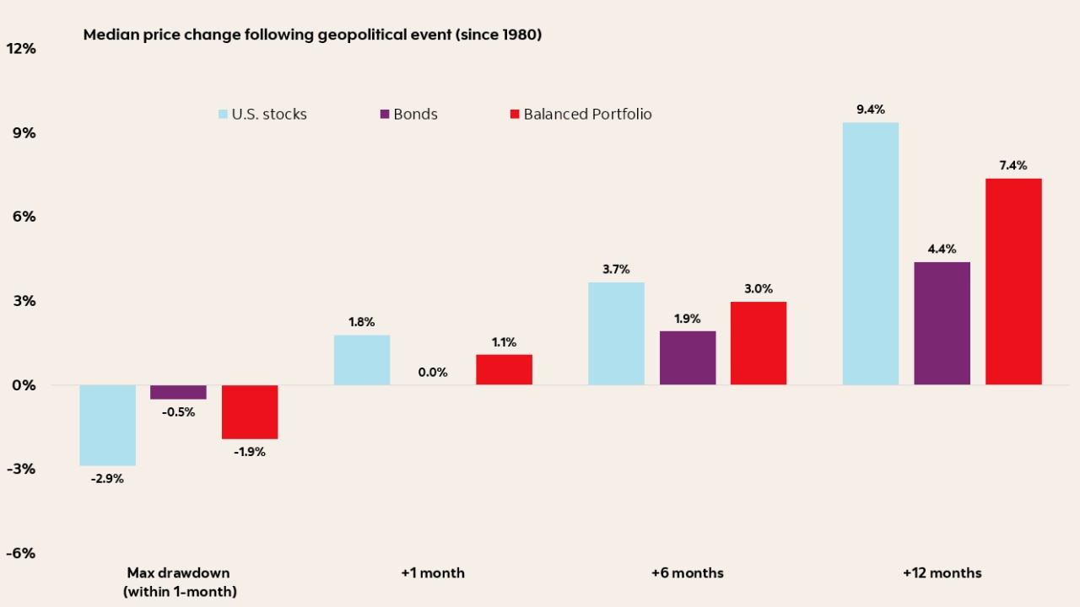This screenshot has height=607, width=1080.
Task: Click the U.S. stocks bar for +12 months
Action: click(x=871, y=254)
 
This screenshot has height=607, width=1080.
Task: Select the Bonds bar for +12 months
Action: click(x=942, y=324)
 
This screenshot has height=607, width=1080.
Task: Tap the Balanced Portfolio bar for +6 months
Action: click(x=759, y=343)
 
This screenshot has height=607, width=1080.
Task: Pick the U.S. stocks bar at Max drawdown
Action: click(x=107, y=425)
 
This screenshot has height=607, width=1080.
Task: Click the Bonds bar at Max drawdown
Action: click(x=178, y=392)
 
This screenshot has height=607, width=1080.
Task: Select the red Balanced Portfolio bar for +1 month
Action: click(x=504, y=369)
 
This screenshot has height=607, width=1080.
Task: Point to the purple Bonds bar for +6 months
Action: click(x=688, y=357)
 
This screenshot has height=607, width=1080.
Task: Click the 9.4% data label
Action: click(x=870, y=110)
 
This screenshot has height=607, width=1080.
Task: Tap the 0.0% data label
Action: click(x=433, y=372)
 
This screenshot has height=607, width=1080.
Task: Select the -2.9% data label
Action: click(x=107, y=479)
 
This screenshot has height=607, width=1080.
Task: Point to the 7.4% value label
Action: click(x=1013, y=165)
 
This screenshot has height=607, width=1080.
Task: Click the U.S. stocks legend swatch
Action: click(x=223, y=114)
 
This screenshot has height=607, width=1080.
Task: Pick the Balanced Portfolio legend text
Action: click(x=587, y=114)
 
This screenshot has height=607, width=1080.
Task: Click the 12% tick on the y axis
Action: click(x=21, y=49)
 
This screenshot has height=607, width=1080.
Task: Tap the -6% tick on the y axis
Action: click(x=21, y=553)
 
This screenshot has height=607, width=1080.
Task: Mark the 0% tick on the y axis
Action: click(x=24, y=385)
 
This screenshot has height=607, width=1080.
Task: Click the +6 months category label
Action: click(x=687, y=572)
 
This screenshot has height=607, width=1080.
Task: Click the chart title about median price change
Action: click(x=312, y=35)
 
